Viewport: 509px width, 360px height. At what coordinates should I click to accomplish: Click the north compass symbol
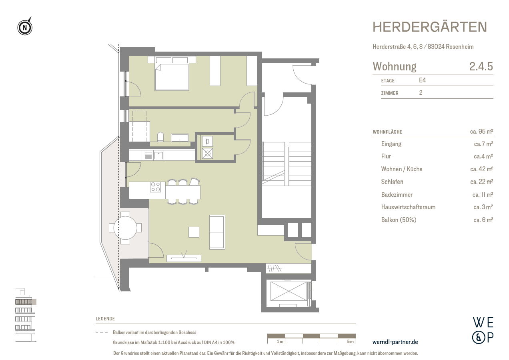pos(25,28)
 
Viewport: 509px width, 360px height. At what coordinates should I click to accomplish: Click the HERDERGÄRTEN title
pos(429,27)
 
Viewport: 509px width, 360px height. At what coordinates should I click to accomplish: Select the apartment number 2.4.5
pos(481,66)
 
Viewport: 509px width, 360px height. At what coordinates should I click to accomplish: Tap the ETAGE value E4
pos(422,80)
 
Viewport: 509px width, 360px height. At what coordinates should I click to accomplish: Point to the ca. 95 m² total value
pos(481,132)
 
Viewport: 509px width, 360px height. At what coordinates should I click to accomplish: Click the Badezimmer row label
pos(397,195)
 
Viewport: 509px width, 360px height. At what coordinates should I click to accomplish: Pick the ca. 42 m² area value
pos(481,169)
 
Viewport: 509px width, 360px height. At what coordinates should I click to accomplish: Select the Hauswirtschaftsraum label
pos(408,207)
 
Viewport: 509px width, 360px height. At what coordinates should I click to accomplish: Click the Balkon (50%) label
pos(399,220)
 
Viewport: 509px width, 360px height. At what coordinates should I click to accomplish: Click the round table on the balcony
pos(125,228)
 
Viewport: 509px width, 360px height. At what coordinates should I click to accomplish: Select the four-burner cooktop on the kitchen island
pos(155,187)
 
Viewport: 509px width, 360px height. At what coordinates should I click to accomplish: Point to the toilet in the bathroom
pos(160,137)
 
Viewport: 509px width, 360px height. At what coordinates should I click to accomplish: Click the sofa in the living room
pos(217,232)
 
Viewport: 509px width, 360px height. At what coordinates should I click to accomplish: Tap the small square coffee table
pos(194,232)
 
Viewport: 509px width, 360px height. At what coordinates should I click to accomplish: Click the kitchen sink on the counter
pos(158,155)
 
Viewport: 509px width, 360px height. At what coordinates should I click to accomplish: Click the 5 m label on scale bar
pos(350,342)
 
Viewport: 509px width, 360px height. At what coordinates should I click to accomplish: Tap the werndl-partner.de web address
pos(395,342)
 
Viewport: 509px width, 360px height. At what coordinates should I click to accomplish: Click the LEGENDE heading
pos(105,319)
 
